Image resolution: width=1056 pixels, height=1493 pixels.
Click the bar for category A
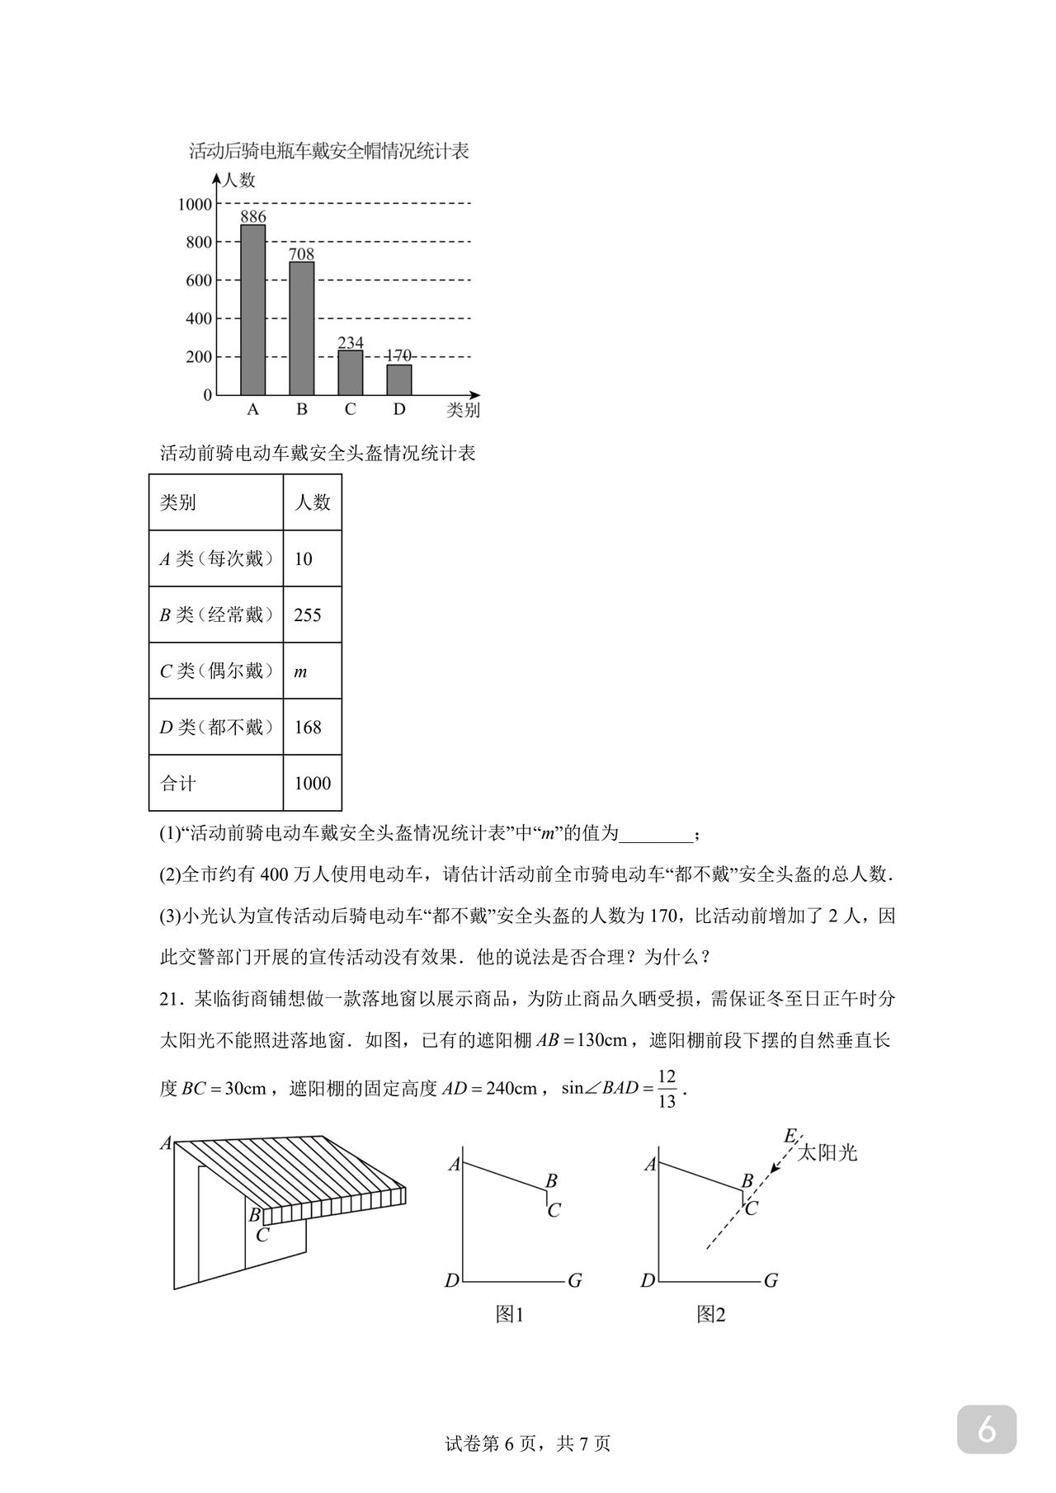tap(252, 310)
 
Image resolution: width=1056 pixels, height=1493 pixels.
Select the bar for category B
tap(301, 328)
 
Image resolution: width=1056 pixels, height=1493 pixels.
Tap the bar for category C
tap(350, 373)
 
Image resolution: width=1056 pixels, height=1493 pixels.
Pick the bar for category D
tap(398, 379)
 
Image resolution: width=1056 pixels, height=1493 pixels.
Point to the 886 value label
tap(252, 217)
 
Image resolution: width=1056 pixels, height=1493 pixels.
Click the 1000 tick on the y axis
tap(195, 205)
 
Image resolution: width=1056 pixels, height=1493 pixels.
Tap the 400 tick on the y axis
tap(198, 319)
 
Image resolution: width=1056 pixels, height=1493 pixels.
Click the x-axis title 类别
tap(463, 410)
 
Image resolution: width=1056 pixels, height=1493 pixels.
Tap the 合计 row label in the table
tap(178, 784)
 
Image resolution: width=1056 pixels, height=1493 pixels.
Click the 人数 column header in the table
tap(312, 502)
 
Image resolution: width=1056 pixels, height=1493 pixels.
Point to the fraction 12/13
tap(667, 1089)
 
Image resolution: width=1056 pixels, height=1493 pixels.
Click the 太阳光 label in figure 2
tap(827, 1152)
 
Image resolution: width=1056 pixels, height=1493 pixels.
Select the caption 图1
tap(510, 1314)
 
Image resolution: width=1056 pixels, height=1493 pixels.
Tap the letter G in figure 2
tap(771, 1281)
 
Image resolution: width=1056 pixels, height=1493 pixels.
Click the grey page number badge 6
tap(987, 1429)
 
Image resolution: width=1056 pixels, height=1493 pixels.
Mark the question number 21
tap(170, 999)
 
